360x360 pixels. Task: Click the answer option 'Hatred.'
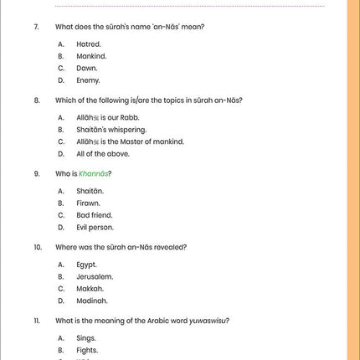coord(89,44)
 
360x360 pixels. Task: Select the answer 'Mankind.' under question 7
coord(91,56)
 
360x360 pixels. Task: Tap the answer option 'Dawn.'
coord(87,68)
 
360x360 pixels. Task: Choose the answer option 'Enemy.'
coord(88,80)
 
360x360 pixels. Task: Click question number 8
coord(37,100)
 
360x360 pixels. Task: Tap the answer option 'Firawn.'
coord(89,203)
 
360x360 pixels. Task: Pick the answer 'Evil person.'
coord(95,227)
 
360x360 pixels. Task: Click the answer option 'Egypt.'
coord(87,265)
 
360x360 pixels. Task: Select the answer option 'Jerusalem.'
coord(95,276)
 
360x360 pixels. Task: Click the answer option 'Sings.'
coord(87,337)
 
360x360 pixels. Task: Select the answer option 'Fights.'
coord(88,350)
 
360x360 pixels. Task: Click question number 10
coord(38,247)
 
